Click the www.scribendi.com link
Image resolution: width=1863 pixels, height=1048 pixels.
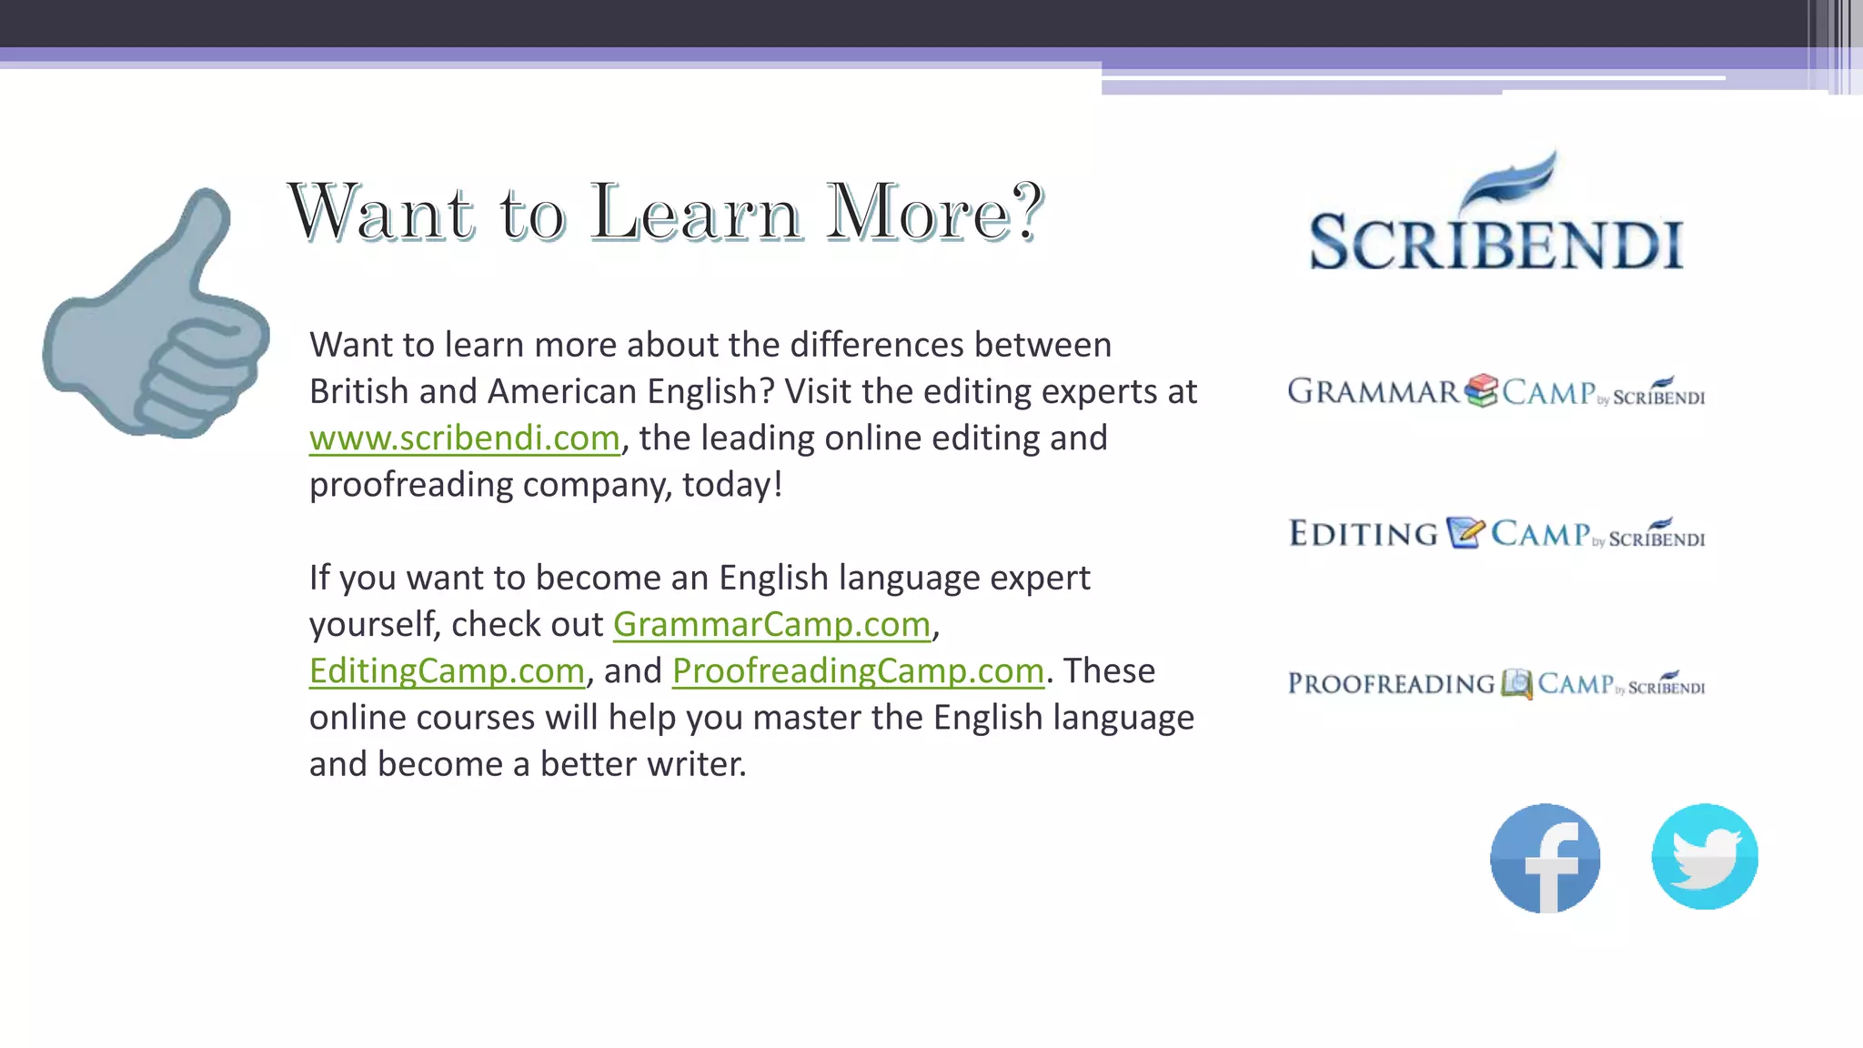point(464,438)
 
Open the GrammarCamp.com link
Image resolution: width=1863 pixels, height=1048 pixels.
point(771,625)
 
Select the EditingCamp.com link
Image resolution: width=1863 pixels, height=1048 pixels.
point(447,671)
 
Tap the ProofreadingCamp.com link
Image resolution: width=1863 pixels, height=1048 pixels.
point(858,671)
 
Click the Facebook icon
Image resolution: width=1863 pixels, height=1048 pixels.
point(1545,858)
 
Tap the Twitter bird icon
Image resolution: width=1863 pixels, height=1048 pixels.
point(1705,856)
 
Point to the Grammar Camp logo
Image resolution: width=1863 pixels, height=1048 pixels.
point(1495,392)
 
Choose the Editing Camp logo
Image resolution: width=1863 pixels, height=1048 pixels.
point(1496,534)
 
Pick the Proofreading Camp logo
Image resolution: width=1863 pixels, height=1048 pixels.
point(1496,684)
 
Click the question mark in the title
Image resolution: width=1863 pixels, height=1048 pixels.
point(1027,211)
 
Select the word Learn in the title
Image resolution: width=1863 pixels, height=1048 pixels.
point(696,213)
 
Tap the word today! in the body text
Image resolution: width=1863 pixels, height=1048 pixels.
point(732,485)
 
